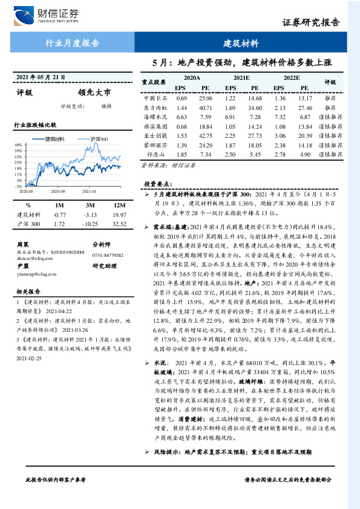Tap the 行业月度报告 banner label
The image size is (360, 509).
click(73, 44)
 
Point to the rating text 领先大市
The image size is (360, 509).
click(95, 93)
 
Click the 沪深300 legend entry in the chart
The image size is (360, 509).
click(99, 139)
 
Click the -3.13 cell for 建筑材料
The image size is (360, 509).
click(90, 215)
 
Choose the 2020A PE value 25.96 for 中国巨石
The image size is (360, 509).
click(205, 97)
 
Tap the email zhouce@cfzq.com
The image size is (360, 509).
click(31, 256)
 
